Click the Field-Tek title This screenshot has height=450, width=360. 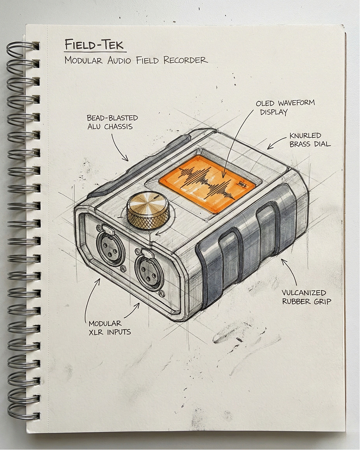point(94,44)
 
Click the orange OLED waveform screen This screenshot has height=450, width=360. point(207,185)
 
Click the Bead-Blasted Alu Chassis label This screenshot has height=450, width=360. point(112,122)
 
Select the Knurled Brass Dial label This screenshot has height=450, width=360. point(309,140)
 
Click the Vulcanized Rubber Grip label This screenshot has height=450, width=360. point(306,297)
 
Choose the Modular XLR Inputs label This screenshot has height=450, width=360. point(109,327)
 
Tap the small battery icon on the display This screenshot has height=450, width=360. point(241,184)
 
